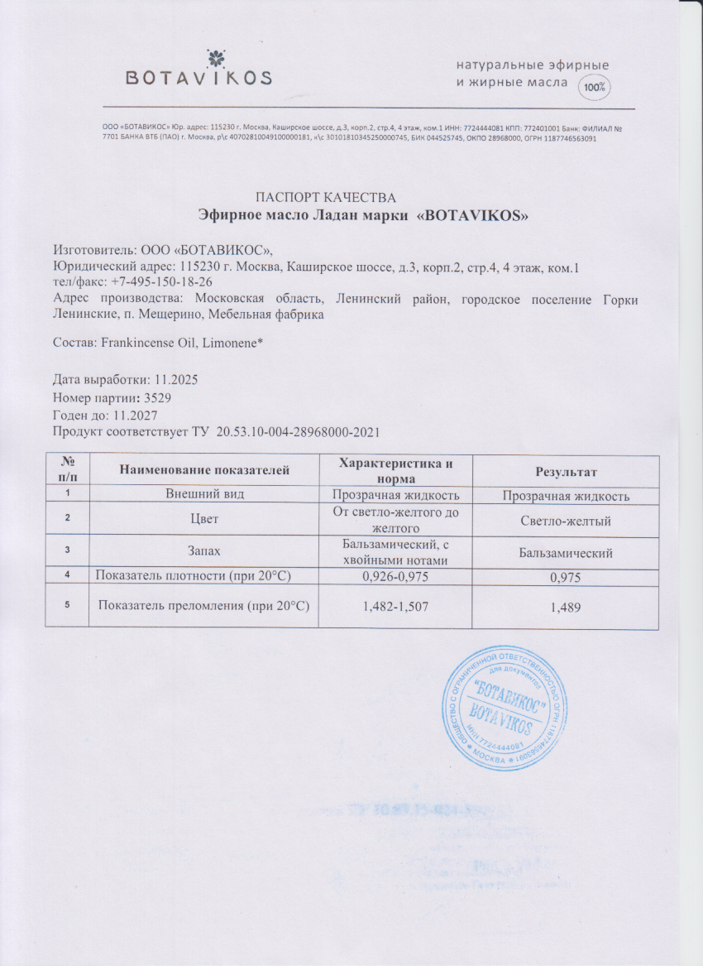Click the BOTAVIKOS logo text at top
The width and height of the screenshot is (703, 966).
(x=198, y=78)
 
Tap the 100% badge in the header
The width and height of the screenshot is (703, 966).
(x=593, y=87)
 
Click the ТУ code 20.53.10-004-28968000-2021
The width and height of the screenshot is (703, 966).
(x=298, y=432)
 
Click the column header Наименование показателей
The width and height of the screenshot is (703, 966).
(x=205, y=471)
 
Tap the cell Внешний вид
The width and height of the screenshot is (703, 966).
(x=205, y=495)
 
